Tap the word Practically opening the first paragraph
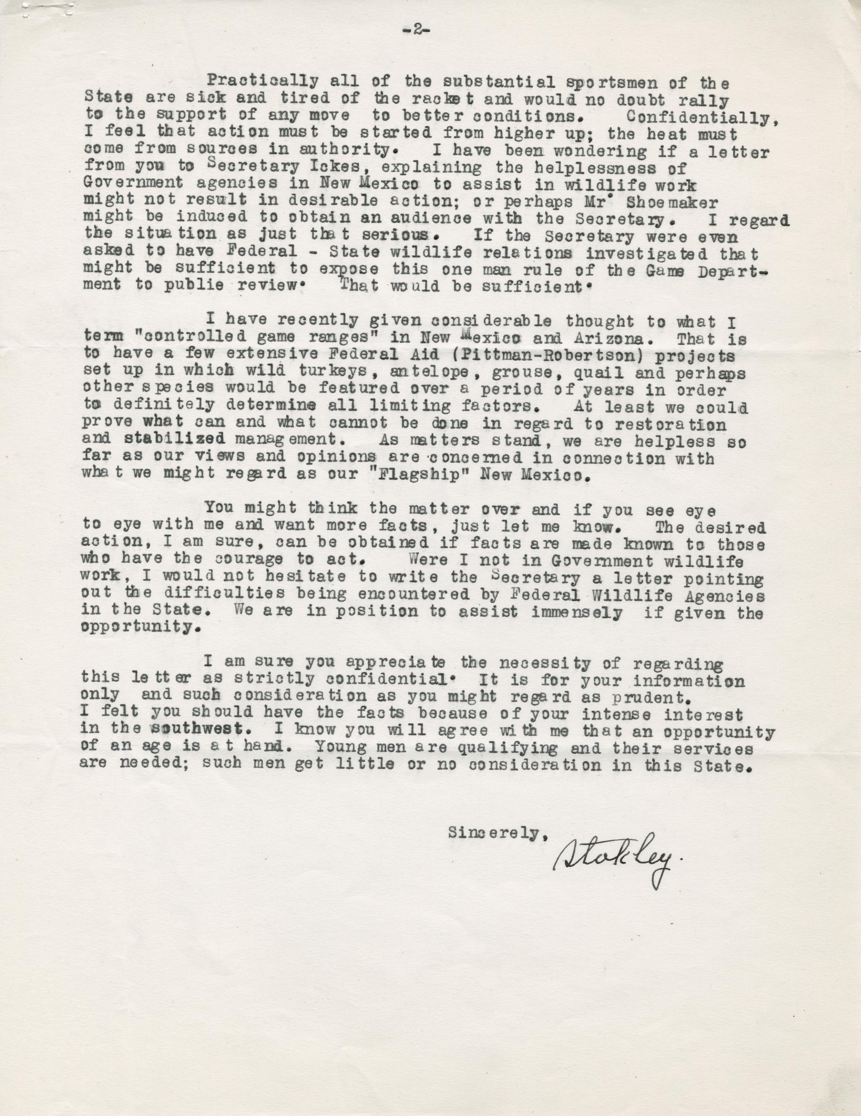coord(263,82)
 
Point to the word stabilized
coord(175,440)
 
